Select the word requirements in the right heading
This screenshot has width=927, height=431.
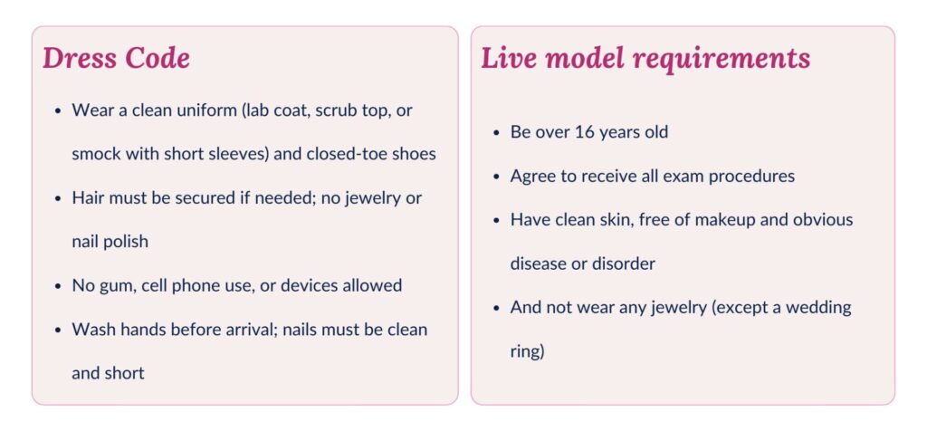tap(722, 58)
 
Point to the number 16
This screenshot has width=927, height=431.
tap(590, 132)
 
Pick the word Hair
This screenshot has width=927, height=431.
tap(88, 197)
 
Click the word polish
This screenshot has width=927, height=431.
tap(122, 242)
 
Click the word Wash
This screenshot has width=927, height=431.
tap(92, 329)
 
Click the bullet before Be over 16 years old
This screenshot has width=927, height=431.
tap(496, 133)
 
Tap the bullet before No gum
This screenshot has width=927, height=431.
tap(58, 286)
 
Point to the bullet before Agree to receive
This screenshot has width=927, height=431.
tap(496, 177)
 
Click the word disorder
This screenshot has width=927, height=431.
tap(624, 263)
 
